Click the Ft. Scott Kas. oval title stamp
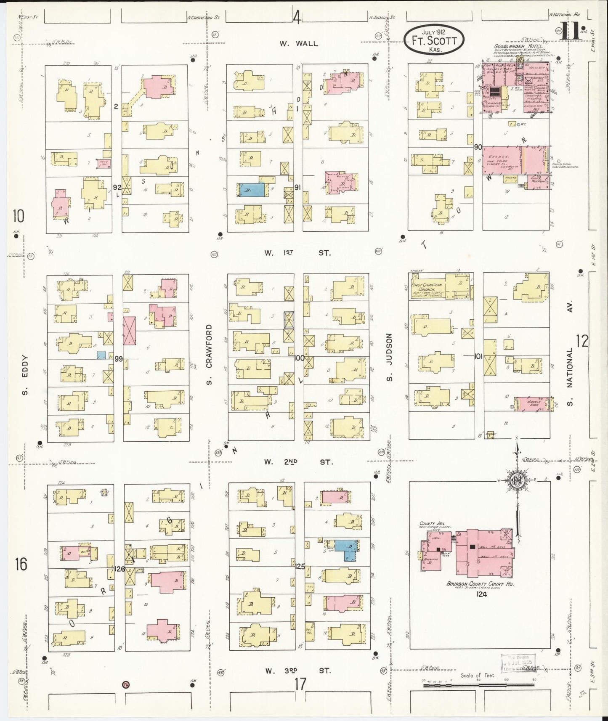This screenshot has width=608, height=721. [435, 39]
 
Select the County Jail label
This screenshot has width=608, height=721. [430, 524]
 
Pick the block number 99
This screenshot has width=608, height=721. [118, 358]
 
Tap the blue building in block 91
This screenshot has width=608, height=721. [252, 190]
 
